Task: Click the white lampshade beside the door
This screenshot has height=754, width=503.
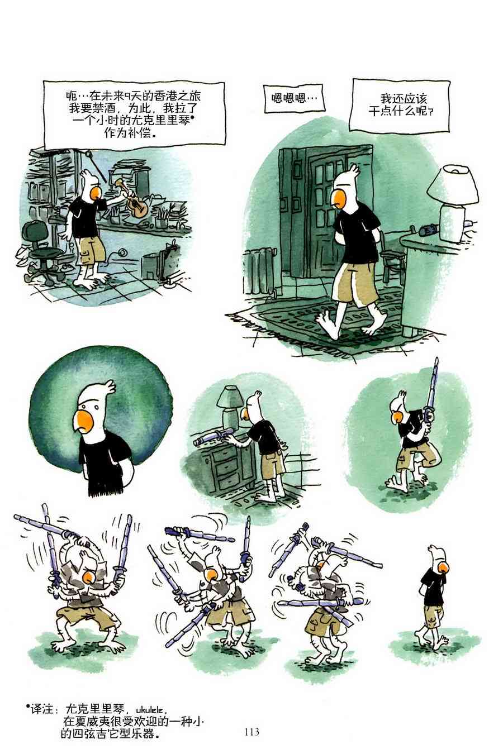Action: pos(453,184)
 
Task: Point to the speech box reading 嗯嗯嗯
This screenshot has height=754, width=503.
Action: pos(295,99)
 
